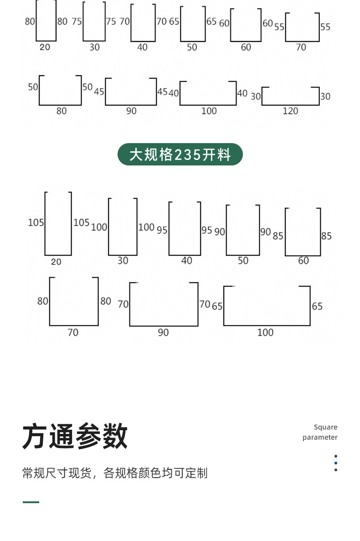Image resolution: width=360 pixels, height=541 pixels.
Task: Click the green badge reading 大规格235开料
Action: point(180,155)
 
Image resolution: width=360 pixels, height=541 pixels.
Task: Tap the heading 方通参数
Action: point(75,436)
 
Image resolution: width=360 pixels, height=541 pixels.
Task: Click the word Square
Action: point(325,427)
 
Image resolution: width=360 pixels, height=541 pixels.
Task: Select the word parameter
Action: point(320,437)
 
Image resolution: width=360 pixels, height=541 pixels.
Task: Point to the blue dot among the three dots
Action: point(336,463)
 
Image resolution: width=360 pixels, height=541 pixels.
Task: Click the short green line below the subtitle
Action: point(31,502)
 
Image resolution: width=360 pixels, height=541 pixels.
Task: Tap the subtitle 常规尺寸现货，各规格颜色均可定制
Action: point(115,473)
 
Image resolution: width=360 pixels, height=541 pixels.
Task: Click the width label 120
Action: point(290,111)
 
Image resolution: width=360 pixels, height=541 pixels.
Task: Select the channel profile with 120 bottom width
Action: point(290,96)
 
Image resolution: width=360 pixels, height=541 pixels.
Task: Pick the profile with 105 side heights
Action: point(58,224)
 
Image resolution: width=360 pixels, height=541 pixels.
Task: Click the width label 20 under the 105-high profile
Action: point(56,262)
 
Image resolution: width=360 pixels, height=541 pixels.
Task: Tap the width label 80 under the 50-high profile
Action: point(61,111)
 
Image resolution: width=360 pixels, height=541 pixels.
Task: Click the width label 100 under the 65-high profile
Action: point(265,333)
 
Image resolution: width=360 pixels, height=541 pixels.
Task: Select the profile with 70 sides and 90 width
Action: point(164,304)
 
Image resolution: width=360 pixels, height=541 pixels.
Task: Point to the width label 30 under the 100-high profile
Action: point(123,261)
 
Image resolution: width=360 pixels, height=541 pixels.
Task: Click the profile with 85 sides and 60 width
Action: point(303,232)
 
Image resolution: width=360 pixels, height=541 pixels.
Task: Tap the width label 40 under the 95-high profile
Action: point(186,261)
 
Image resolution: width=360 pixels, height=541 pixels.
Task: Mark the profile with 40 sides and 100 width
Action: point(208,93)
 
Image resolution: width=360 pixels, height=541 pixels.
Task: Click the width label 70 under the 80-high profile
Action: point(73,333)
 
